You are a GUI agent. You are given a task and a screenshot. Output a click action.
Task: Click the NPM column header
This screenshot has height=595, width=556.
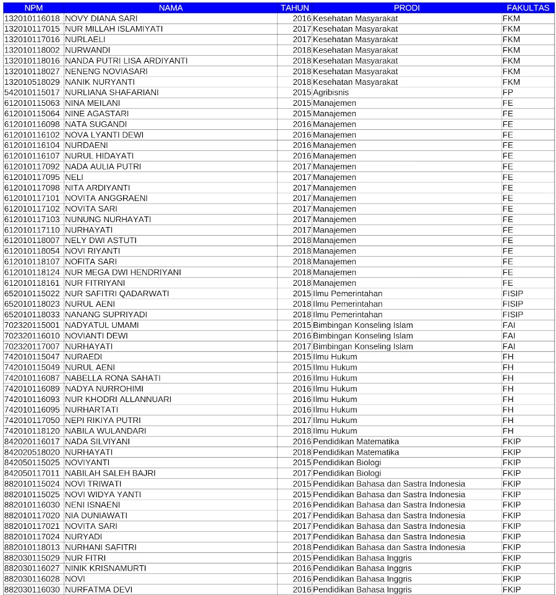(x=33, y=8)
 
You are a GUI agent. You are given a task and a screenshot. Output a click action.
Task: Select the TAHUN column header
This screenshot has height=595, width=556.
(x=294, y=8)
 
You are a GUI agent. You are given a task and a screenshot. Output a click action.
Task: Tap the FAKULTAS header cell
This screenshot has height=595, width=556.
(x=528, y=8)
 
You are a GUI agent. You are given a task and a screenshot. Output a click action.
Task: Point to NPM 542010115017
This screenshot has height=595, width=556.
(x=32, y=92)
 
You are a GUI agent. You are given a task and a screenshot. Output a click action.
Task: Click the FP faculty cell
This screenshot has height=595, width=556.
(x=508, y=92)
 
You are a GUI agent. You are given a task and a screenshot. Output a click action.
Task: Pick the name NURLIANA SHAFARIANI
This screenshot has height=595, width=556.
(x=111, y=92)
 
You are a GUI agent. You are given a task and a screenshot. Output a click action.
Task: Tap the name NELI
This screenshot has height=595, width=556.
(x=74, y=177)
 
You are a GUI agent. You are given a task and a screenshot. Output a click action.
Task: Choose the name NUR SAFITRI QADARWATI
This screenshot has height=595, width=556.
(x=117, y=293)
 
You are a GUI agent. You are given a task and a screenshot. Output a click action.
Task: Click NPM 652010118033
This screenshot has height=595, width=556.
(x=32, y=314)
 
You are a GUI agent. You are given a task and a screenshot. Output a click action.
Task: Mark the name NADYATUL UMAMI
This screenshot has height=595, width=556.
(x=101, y=325)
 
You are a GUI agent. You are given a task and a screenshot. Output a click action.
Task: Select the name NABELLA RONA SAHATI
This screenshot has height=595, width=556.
(x=113, y=378)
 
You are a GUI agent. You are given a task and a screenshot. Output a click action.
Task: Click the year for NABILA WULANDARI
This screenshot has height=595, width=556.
(x=302, y=430)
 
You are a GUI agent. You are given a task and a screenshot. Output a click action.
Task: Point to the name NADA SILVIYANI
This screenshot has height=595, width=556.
(x=97, y=442)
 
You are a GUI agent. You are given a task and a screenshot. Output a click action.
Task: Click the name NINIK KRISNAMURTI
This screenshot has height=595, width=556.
(x=105, y=568)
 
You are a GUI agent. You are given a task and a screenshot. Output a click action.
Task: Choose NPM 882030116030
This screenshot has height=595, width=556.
(x=32, y=589)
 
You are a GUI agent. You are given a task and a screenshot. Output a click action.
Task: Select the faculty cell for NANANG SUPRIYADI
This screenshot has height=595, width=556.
(x=513, y=314)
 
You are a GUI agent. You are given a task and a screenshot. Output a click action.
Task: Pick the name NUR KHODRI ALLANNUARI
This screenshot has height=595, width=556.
(x=118, y=399)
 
